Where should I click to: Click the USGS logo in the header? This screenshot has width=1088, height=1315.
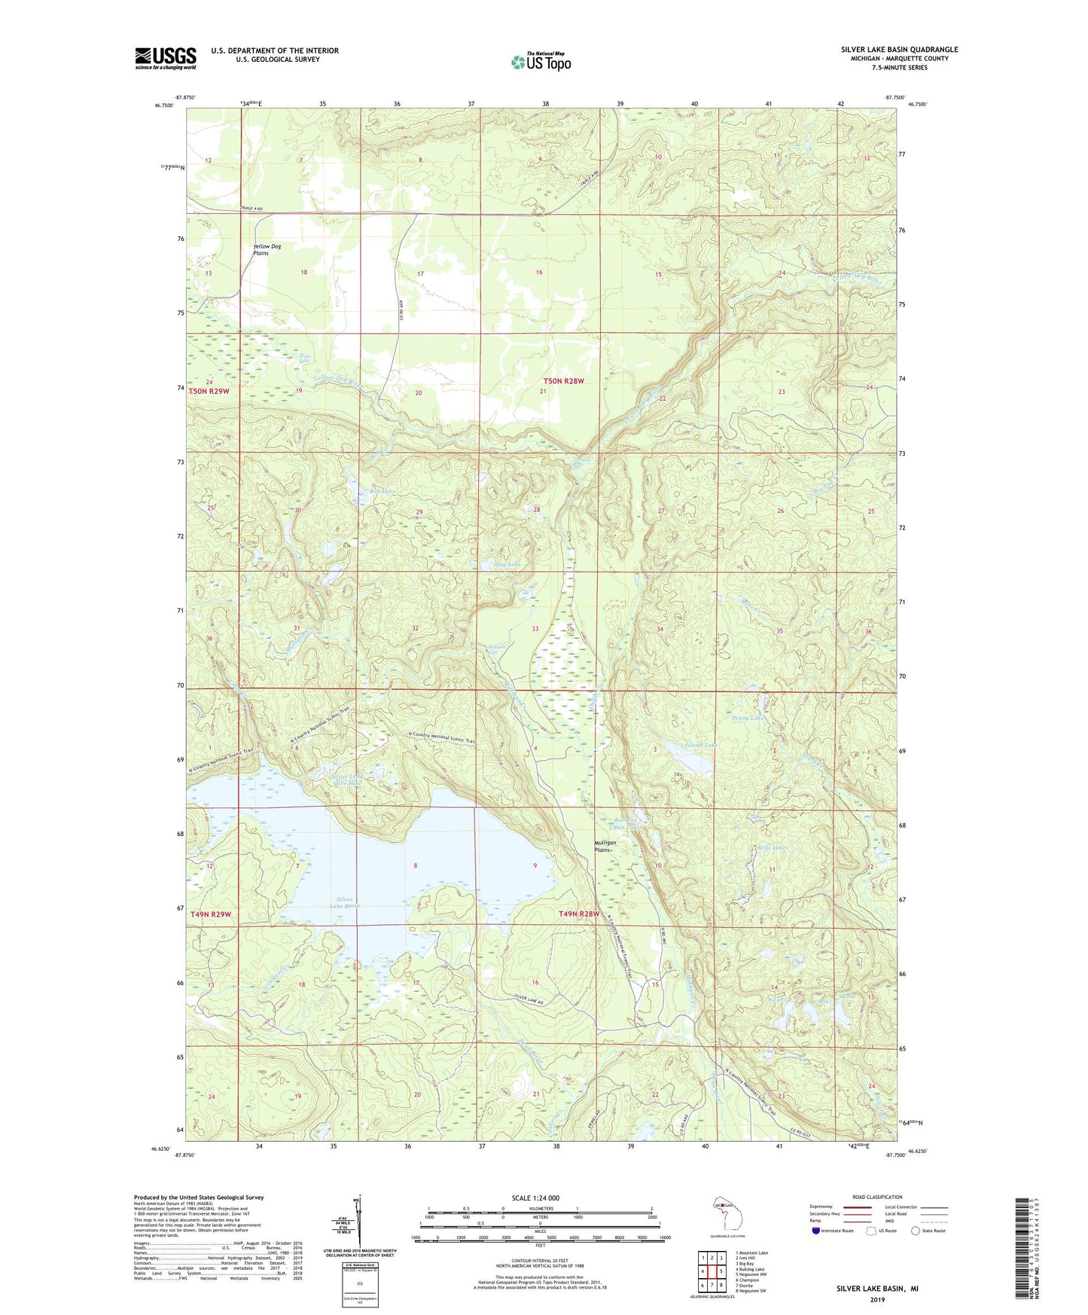pos(166,58)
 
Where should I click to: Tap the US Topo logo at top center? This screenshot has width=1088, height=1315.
pos(541,61)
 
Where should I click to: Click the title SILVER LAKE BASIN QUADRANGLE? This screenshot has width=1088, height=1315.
pos(899,50)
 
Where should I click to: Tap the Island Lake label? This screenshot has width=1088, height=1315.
pos(700,745)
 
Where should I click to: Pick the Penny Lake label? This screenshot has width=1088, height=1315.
pos(748,718)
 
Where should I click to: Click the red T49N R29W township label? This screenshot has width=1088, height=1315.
pos(211,914)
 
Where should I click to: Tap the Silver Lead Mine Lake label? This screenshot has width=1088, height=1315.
pos(347,780)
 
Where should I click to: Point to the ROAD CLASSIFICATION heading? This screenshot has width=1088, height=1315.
pos(877,1197)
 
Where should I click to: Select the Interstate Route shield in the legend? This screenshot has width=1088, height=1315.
pos(816,1231)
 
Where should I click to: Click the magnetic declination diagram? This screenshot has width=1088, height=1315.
pos(360,1224)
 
